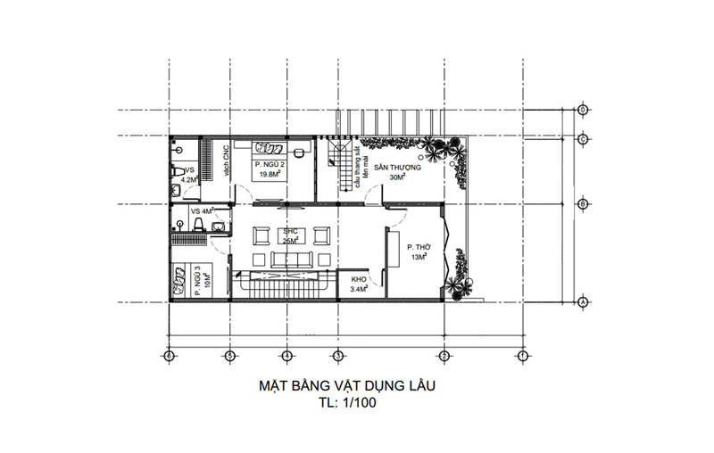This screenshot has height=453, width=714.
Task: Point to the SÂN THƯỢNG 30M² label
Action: coord(397,170)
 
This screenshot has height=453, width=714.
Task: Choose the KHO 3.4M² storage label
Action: coord(359,284)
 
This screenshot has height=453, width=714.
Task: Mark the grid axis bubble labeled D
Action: coord(582,111)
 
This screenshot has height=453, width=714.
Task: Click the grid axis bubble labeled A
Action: coord(582,303)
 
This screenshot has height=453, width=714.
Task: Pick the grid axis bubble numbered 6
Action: coord(168,355)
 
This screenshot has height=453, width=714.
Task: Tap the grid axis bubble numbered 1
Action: coord(520,355)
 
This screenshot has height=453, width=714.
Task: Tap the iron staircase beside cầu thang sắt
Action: coord(339,164)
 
